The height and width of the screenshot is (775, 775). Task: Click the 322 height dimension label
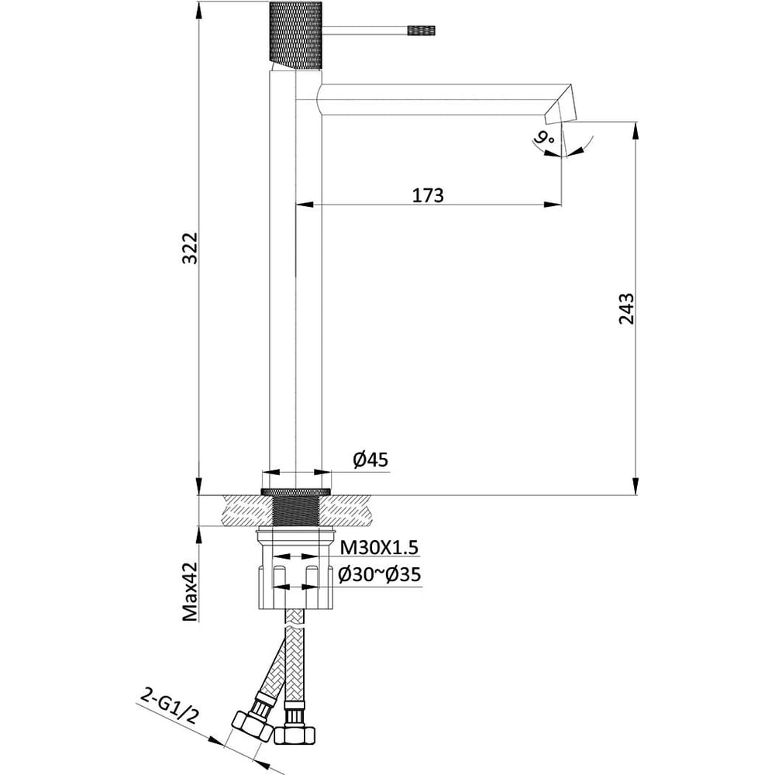[x=190, y=248]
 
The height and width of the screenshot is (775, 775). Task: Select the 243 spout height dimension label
[x=626, y=309]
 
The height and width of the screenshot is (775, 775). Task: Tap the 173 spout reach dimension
[x=428, y=195]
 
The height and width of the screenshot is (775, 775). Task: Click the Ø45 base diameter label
[x=370, y=460]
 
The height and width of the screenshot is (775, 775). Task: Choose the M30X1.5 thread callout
[x=379, y=548]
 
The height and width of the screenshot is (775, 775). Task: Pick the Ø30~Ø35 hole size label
[x=380, y=574]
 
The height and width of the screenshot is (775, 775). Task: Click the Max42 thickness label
[x=190, y=591]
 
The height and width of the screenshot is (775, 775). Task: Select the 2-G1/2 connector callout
[x=168, y=707]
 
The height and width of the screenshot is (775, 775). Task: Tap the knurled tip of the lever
[x=422, y=31]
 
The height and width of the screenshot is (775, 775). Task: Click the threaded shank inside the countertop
[x=295, y=511]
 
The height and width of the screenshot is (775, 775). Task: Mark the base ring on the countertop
[x=295, y=491]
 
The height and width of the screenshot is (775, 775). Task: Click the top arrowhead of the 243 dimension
[x=636, y=131]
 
